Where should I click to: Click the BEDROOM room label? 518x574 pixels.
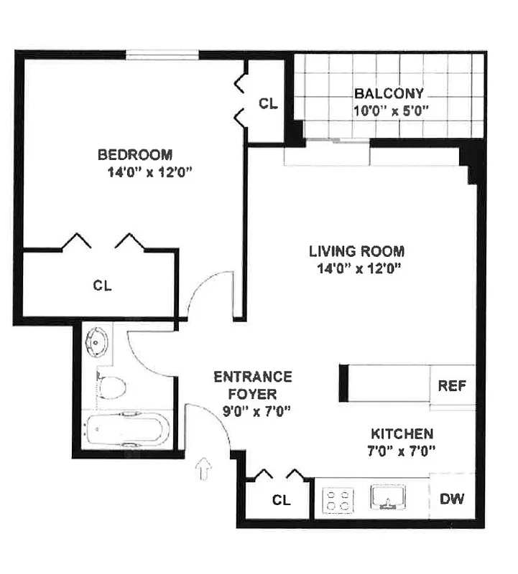pyautogui.click(x=135, y=154)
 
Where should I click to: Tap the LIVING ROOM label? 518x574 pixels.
pyautogui.click(x=356, y=252)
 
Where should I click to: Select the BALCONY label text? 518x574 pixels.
pyautogui.click(x=389, y=94)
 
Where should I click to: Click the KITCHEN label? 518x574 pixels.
pyautogui.click(x=402, y=434)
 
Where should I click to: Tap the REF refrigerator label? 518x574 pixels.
pyautogui.click(x=452, y=386)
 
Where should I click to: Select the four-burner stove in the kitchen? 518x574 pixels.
pyautogui.click(x=337, y=500)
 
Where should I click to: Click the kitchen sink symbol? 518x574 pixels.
pyautogui.click(x=388, y=497)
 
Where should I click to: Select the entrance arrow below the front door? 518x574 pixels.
pyautogui.click(x=205, y=470)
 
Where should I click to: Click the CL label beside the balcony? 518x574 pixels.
pyautogui.click(x=268, y=104)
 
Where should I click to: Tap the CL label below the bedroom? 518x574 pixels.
pyautogui.click(x=103, y=285)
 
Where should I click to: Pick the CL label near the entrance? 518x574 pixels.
pyautogui.click(x=282, y=500)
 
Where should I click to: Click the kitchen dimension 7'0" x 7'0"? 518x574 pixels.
pyautogui.click(x=402, y=451)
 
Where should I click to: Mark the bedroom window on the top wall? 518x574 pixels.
pyautogui.click(x=162, y=55)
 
